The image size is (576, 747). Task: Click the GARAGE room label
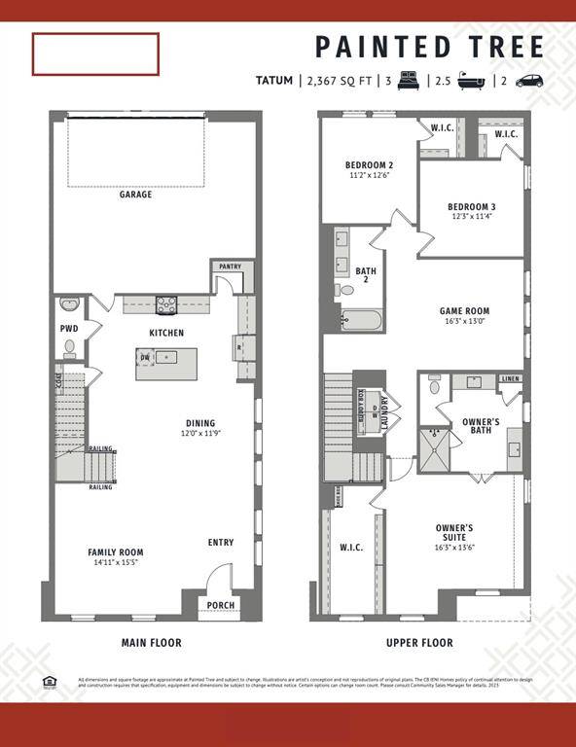pos(135,195)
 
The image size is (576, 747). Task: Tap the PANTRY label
pos(231,267)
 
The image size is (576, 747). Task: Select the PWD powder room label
pos(69,329)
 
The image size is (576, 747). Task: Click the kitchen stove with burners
pos(165,304)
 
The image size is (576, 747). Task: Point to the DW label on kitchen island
pos(144,357)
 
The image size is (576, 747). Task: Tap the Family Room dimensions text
pos(116,563)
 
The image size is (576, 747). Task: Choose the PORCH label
pos(222,605)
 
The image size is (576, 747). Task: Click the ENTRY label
pos(221,543)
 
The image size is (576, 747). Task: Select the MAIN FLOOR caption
pos(151,643)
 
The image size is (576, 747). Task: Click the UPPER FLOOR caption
pos(419,643)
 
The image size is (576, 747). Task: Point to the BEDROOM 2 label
pos(369,165)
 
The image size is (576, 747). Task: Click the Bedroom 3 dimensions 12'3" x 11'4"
pos(472,217)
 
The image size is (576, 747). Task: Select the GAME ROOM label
pos(464,310)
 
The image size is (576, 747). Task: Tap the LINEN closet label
pos(510,378)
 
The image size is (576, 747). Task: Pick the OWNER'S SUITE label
pos(454,533)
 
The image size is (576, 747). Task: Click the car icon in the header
pos(529,81)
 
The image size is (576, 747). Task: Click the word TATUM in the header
pos(273,81)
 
